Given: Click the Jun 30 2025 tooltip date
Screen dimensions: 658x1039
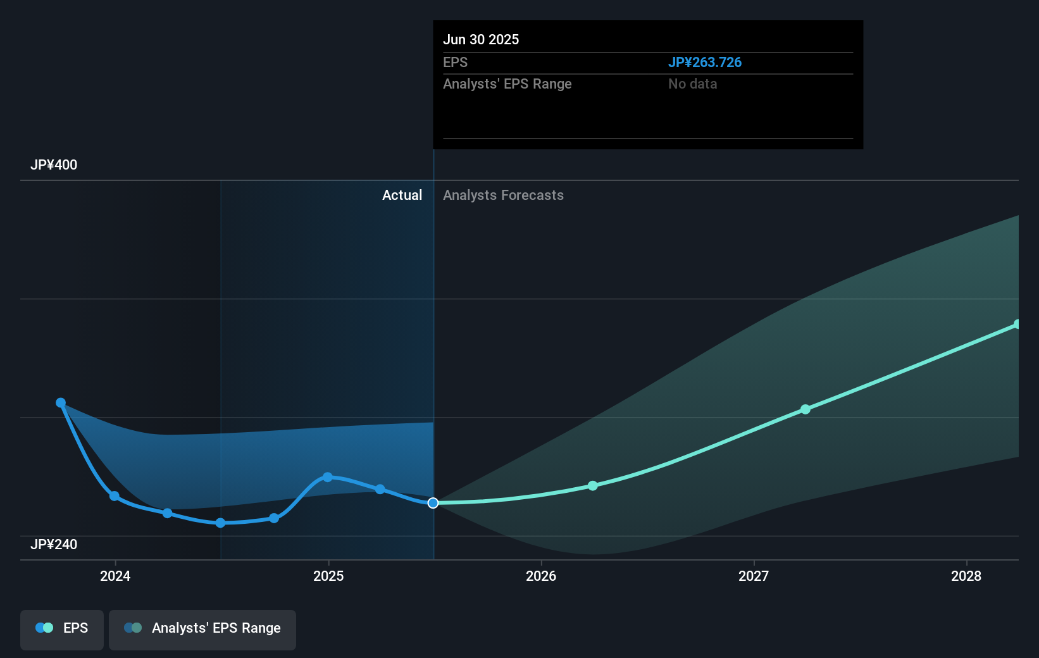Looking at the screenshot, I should point(480,39).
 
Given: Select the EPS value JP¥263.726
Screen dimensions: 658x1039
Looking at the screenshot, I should point(704,62).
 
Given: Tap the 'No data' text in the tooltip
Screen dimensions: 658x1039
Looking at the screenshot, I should point(692,84).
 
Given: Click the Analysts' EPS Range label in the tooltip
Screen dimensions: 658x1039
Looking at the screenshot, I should point(507,84).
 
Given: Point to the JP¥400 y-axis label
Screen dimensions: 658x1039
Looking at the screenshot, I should point(54,164).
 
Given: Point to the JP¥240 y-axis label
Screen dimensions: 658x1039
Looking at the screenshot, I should point(54,544).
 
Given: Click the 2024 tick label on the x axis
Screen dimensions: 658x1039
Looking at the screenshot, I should point(115,576).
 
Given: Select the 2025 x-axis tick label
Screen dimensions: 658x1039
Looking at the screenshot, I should point(328,576).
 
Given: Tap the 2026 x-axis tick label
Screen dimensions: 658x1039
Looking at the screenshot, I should point(541,576).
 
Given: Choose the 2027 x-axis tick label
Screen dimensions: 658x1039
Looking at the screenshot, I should point(754,576).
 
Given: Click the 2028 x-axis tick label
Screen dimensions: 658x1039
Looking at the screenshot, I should point(966,576).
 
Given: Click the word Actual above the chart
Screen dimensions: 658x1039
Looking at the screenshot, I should point(402,195).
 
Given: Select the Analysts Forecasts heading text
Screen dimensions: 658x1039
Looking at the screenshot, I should point(503,195).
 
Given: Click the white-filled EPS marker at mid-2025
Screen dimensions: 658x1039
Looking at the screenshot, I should point(433,503).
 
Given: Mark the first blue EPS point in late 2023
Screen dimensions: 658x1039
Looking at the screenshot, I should point(61,403).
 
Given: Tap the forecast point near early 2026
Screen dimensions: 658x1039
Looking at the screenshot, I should point(592,486).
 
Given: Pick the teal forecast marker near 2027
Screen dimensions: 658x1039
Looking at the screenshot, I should point(805,409).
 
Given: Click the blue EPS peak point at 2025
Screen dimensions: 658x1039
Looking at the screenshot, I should point(327,477).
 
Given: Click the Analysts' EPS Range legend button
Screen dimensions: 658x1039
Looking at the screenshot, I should point(202,629).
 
